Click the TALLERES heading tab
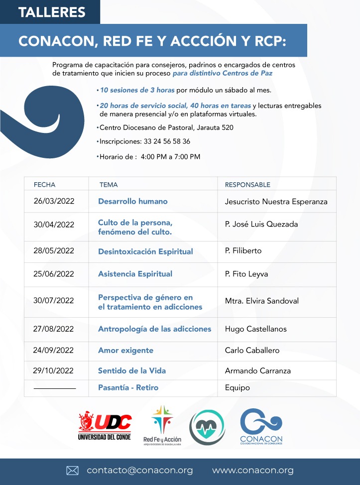click(x=52, y=12)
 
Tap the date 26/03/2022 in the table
click(x=54, y=202)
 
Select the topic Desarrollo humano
click(x=132, y=202)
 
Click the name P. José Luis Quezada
click(x=261, y=224)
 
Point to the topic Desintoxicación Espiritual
click(x=145, y=251)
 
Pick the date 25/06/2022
click(x=54, y=274)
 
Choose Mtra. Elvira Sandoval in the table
click(x=262, y=301)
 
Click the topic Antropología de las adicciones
click(x=154, y=329)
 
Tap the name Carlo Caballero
click(x=252, y=350)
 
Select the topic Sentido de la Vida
click(x=132, y=370)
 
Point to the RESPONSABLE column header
click(x=247, y=185)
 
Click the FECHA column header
click(x=44, y=185)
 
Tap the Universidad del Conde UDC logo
click(x=105, y=426)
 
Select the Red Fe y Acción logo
click(x=162, y=425)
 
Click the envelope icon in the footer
click(x=73, y=471)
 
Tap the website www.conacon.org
click(x=252, y=471)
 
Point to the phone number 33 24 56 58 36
click(x=165, y=141)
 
